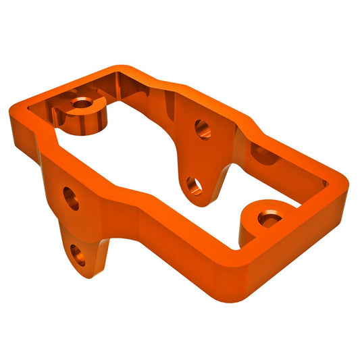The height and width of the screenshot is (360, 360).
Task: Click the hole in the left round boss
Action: tap(82, 103)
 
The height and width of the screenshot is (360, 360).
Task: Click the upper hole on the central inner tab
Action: tap(202, 127)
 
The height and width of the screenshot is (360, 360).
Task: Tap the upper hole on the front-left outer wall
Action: tap(71, 198)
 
